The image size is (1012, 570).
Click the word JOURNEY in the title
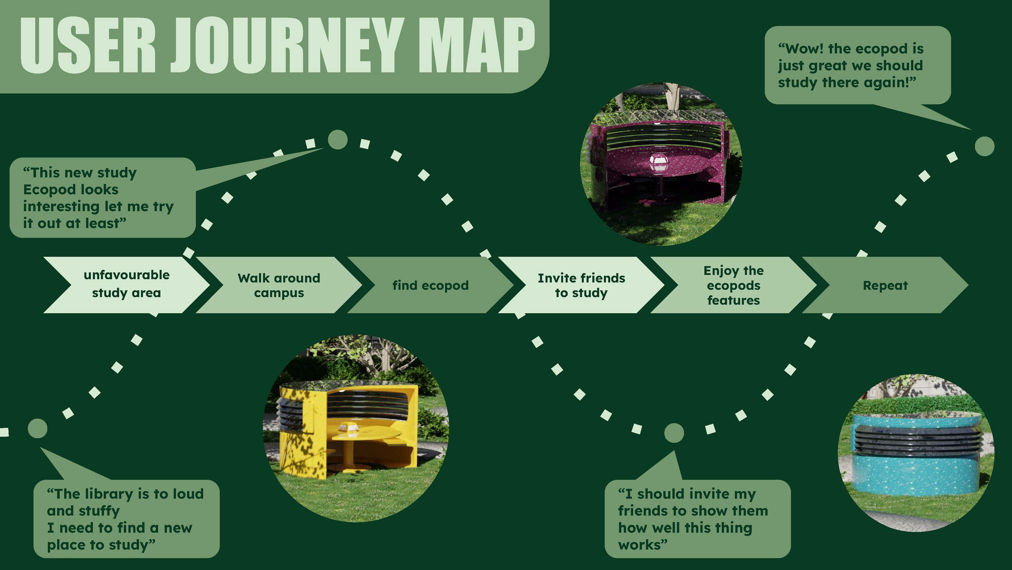click(x=287, y=45)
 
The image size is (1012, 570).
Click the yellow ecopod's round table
click(x=365, y=435)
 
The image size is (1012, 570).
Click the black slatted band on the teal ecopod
click(x=915, y=440)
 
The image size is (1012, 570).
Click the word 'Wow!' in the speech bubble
click(x=801, y=49)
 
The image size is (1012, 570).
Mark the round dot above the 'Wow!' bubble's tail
click(x=985, y=146)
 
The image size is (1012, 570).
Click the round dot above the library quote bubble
click(x=38, y=428)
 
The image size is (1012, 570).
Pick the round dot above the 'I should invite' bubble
click(x=674, y=433)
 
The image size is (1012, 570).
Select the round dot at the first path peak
click(x=337, y=140)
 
